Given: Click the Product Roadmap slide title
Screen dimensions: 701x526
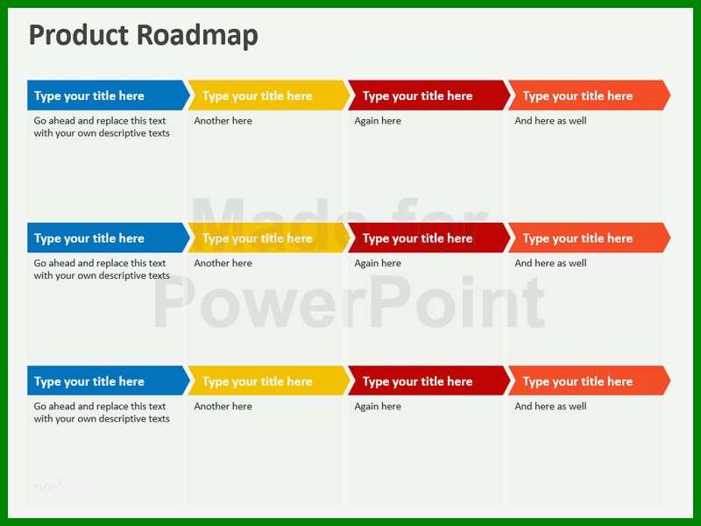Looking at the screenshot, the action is [x=144, y=35].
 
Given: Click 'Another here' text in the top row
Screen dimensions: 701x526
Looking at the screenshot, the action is [x=223, y=121].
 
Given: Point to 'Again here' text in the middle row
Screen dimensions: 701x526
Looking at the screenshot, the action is [x=378, y=264].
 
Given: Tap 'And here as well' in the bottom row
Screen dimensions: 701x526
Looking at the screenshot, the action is [x=550, y=406].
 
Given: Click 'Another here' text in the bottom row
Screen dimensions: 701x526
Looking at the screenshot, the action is [x=223, y=406].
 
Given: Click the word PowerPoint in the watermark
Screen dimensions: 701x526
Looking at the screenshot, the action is [x=350, y=302].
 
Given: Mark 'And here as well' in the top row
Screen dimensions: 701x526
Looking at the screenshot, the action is [x=550, y=121].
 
